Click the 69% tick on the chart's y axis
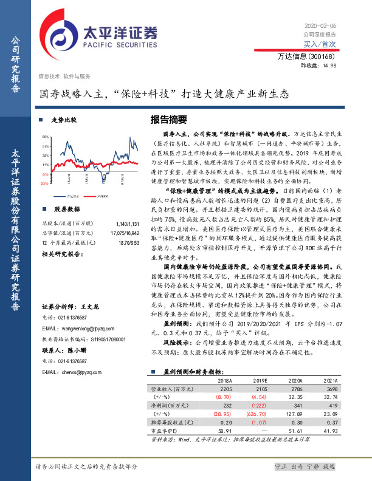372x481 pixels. (x=46, y=137)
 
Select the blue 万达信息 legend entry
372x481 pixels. (x=69, y=196)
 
